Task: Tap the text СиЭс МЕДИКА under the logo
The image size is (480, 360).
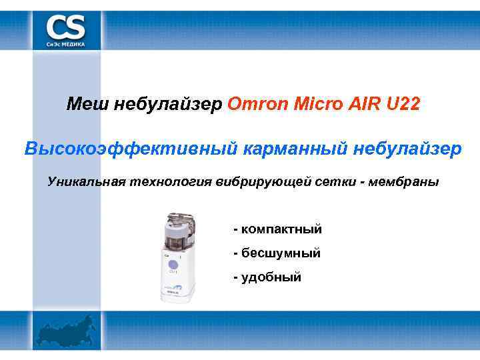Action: click(x=65, y=43)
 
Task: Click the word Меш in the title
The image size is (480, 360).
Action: click(x=88, y=105)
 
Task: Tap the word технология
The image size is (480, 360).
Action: click(x=166, y=182)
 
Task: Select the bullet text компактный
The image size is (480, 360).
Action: click(x=281, y=229)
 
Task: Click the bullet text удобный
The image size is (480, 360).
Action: click(x=271, y=277)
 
